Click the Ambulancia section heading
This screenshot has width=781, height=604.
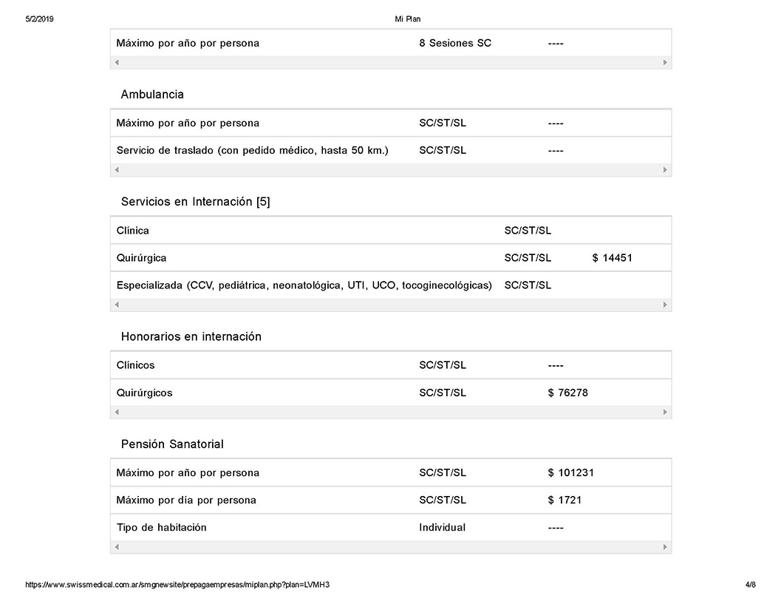152,95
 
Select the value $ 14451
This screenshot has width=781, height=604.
612,258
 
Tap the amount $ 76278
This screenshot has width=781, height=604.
567,393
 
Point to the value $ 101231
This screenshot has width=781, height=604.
570,472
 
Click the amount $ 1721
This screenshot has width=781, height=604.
565,500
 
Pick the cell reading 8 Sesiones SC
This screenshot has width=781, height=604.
454,43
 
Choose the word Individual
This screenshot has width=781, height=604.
442,527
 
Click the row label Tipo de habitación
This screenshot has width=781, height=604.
161,527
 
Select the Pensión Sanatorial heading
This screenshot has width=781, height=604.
172,444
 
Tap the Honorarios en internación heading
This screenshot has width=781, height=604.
191,336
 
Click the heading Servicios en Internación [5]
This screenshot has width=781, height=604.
195,202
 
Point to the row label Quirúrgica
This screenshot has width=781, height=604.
141,258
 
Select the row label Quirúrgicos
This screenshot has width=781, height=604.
144,393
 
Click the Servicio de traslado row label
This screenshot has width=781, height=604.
252,150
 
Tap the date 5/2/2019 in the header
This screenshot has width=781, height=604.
39,19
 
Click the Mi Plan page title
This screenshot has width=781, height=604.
408,19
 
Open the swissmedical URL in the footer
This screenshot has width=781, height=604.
177,585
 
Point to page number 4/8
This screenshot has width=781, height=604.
751,585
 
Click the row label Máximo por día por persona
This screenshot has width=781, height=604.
186,500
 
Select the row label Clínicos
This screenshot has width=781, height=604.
135,365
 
